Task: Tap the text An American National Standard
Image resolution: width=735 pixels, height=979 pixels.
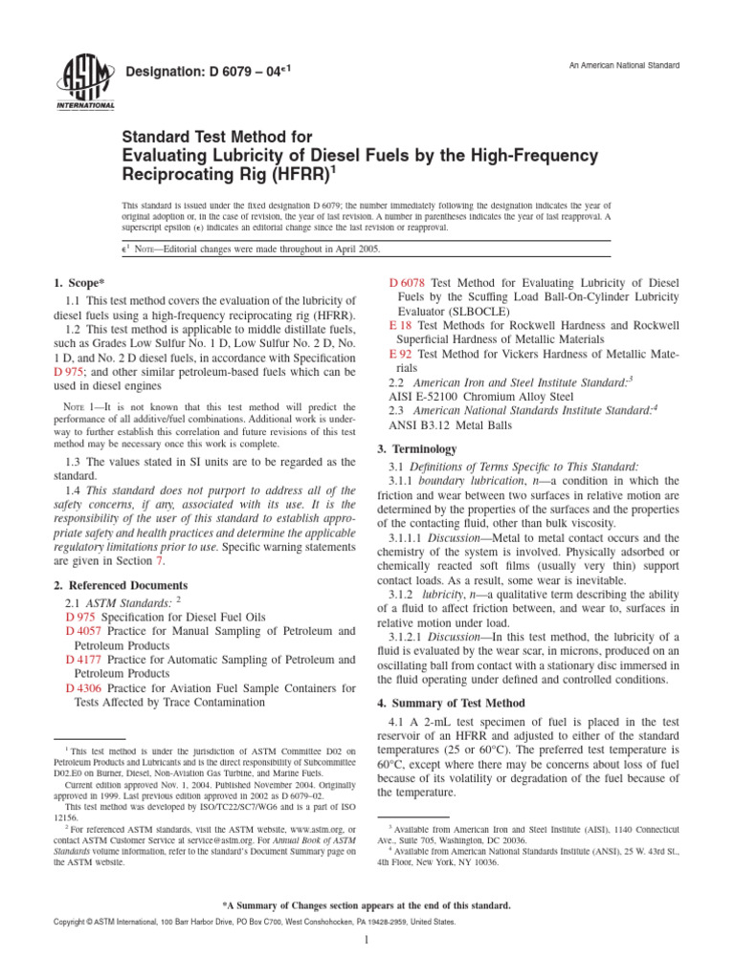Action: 623,65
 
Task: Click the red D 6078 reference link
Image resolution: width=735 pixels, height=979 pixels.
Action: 409,283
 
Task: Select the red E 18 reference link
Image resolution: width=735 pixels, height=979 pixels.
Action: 399,325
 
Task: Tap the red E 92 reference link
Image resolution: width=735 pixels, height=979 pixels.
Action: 399,353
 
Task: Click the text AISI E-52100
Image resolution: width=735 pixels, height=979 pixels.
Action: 425,395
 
